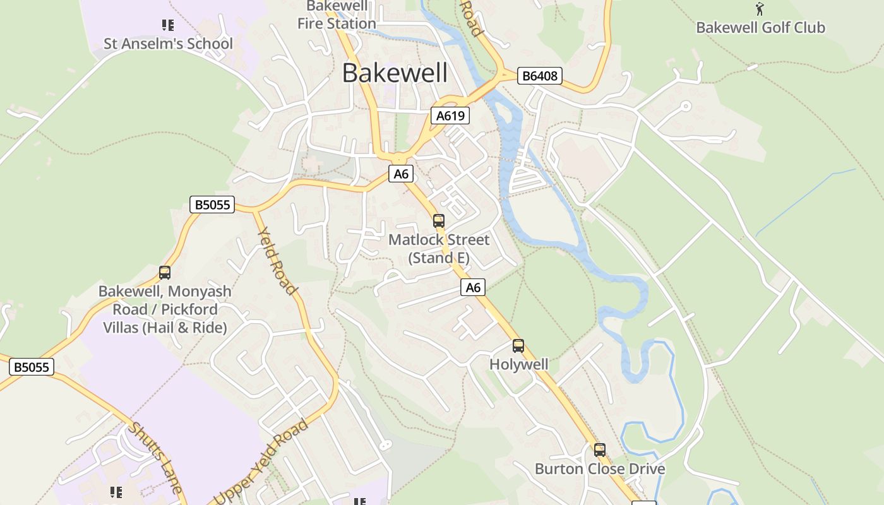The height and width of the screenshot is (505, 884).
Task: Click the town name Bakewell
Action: pos(395,73)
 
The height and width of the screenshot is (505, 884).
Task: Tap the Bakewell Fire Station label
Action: pos(337,15)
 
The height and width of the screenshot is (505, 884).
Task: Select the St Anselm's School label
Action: pos(168,44)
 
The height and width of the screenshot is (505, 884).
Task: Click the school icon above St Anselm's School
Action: pos(167,25)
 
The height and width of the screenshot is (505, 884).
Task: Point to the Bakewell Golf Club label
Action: pos(760,28)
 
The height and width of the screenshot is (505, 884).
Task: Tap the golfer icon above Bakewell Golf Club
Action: pos(760,9)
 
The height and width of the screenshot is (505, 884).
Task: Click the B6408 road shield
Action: pos(539,76)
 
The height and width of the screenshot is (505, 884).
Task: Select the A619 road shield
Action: pos(450,116)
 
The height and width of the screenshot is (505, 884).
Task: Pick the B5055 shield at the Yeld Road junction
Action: pos(212,205)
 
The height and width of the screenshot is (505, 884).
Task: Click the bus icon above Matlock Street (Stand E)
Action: pos(438,221)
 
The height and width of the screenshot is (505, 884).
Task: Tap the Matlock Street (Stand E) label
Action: pos(439,249)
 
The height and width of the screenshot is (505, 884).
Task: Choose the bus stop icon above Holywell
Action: pos(518,346)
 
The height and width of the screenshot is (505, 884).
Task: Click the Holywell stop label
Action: pos(519,364)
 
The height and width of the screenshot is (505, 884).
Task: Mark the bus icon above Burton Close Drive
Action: pos(599,450)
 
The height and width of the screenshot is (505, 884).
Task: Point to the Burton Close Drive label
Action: pos(600,469)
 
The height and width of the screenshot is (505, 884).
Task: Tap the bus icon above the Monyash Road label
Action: pos(165,273)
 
